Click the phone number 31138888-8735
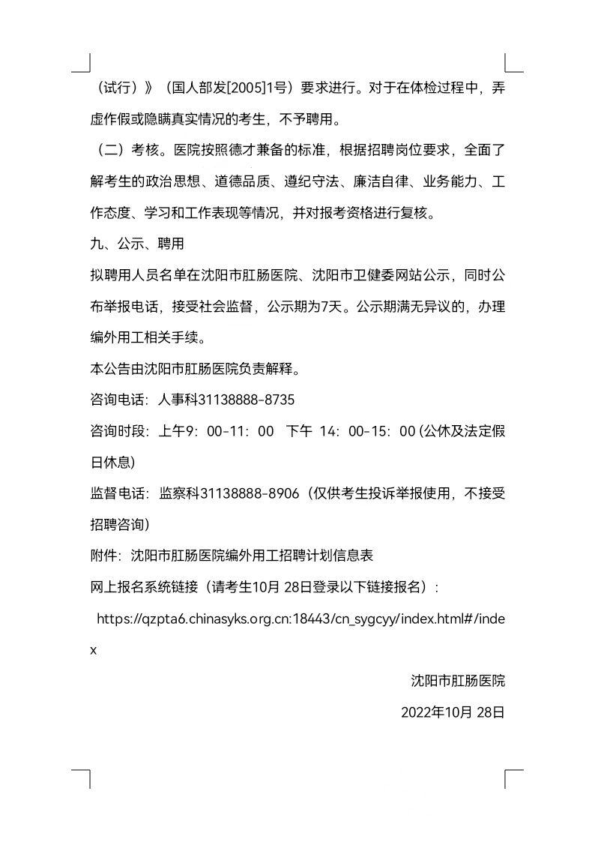point(241,400)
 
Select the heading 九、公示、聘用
point(136,244)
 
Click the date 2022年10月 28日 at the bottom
point(453,712)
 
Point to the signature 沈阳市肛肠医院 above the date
point(459,681)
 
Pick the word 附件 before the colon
point(103,556)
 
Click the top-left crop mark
point(82,64)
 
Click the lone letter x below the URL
point(94,650)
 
